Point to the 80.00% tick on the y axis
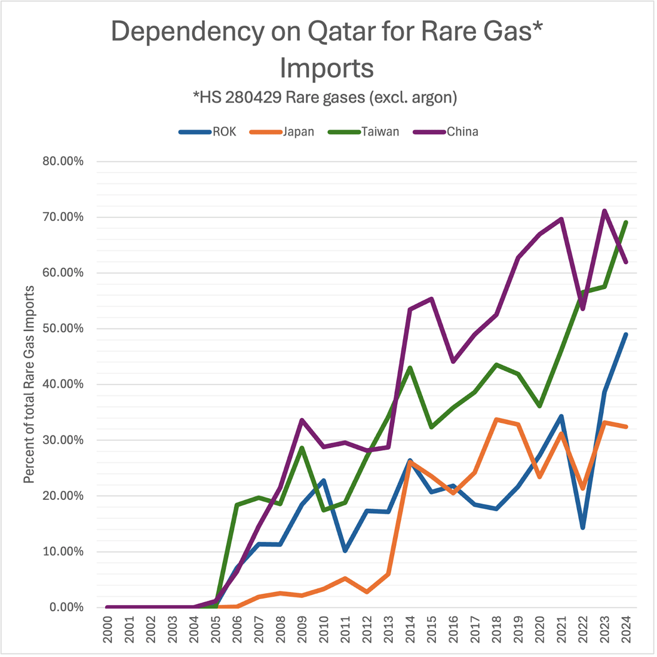coord(62,161)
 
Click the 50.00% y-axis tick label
coord(62,328)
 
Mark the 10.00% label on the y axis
coord(62,551)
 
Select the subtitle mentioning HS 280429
coord(325,97)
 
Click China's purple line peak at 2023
coord(604,210)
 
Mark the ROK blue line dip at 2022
coord(583,527)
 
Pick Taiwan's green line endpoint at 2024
coord(626,222)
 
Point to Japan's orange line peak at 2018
coord(496,419)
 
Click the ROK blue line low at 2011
coord(345,550)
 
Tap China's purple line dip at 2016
coord(453,361)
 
